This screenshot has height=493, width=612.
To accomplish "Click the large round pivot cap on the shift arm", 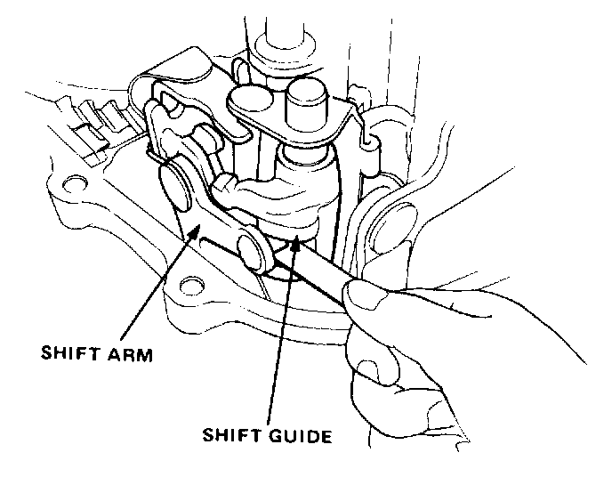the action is (x=176, y=182).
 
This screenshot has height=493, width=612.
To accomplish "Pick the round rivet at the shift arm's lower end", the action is (x=254, y=245).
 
